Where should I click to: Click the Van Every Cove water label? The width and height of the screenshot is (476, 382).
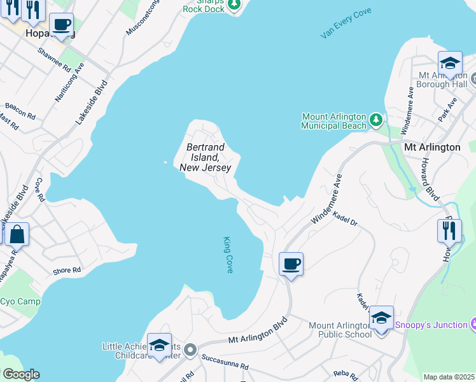[346, 24]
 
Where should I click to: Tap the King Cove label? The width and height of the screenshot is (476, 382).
[228, 255]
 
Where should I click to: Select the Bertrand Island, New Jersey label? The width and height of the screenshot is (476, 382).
[204, 157]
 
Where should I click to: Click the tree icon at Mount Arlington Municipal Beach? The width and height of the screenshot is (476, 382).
[377, 119]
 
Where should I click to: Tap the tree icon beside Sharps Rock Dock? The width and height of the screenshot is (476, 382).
[235, 6]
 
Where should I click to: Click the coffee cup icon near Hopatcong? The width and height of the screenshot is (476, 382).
[61, 25]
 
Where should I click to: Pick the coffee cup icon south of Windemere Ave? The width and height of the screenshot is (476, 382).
[291, 264]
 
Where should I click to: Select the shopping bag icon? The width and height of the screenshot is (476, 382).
[17, 234]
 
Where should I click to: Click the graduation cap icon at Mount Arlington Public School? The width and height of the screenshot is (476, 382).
[381, 318]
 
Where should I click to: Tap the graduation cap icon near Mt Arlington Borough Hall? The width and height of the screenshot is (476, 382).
[450, 64]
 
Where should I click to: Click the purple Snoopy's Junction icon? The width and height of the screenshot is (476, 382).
[473, 325]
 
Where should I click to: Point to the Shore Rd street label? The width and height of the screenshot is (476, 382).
[67, 271]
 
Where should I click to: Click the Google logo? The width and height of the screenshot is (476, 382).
[20, 374]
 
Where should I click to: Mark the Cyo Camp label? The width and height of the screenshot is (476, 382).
[19, 302]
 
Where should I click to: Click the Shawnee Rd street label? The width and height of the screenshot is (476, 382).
[54, 58]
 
